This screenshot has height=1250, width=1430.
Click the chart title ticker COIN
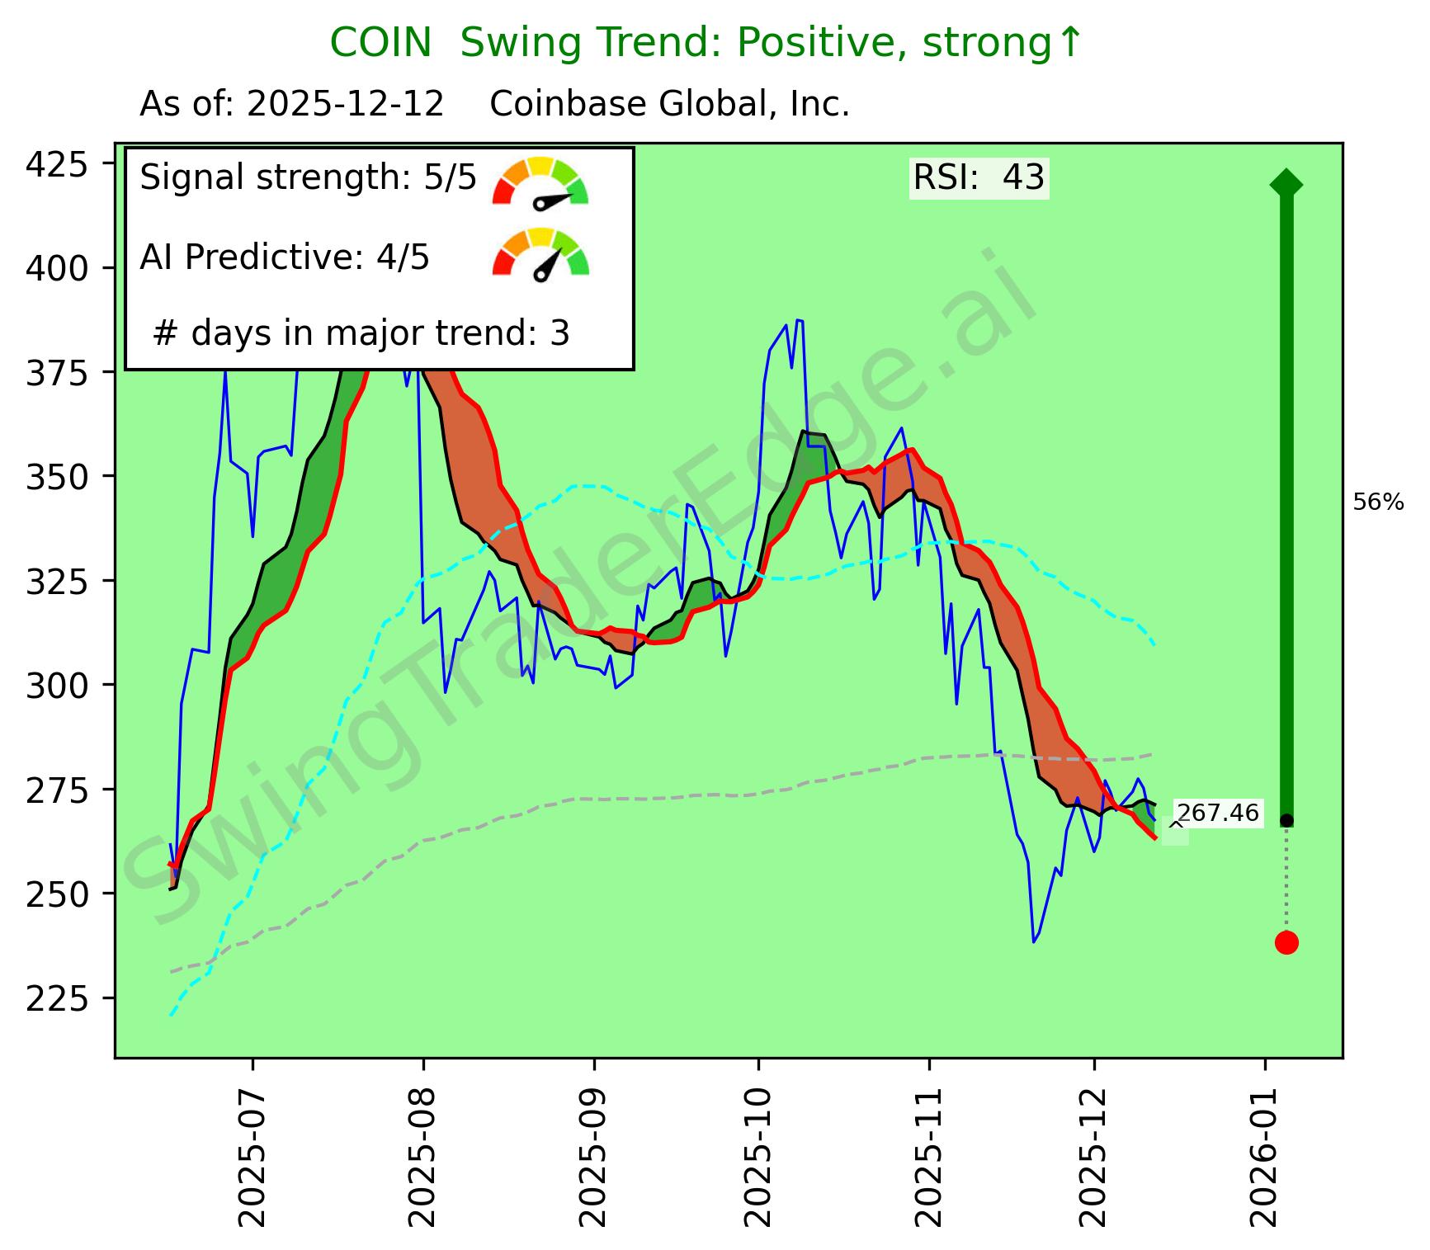[380, 43]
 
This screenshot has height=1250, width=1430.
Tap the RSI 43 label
[979, 177]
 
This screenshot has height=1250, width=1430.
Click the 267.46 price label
[1218, 814]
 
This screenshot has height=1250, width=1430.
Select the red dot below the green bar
[1286, 942]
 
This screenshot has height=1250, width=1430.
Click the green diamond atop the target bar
[1286, 183]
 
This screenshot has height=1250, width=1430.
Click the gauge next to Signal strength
[540, 182]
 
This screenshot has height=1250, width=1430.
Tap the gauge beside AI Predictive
[540, 256]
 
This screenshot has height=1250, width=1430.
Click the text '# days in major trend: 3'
[361, 333]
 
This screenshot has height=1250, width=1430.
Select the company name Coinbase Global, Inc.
[669, 105]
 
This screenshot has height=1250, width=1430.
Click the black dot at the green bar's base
[1286, 821]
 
